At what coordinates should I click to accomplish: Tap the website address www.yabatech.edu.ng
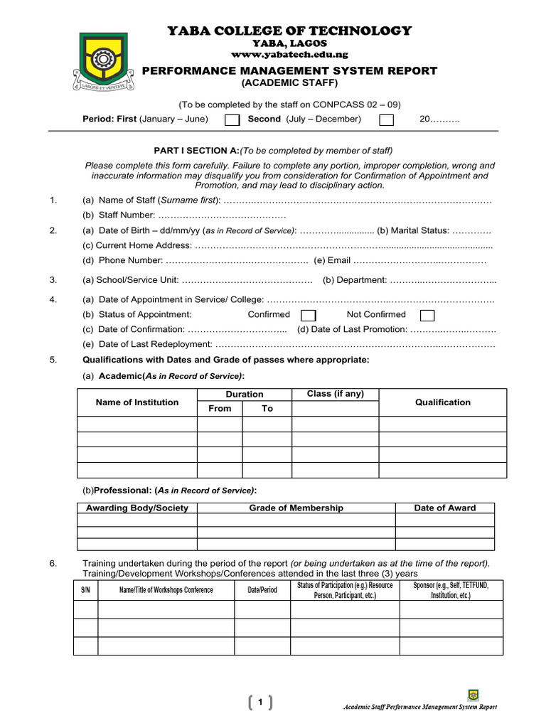[289, 55]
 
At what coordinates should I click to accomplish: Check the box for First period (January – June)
[232, 120]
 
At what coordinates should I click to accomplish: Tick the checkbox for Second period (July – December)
[386, 120]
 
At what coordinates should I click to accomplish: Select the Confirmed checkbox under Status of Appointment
[309, 315]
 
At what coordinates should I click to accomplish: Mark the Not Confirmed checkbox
[427, 315]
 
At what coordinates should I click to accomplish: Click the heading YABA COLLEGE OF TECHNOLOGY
[289, 31]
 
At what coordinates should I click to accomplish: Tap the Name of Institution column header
[137, 402]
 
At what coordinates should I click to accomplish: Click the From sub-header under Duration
[220, 409]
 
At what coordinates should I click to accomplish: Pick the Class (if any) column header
[335, 394]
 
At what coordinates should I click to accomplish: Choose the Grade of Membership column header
[296, 508]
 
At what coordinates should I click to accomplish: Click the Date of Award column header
[445, 508]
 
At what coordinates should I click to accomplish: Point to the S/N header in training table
[85, 590]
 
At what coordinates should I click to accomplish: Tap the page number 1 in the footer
[261, 703]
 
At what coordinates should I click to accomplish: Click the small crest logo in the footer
[473, 695]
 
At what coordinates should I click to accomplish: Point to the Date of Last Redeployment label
[147, 344]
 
